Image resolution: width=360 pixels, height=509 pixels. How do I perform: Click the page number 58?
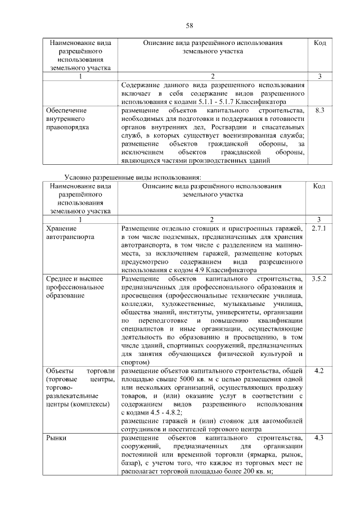[x=190, y=25]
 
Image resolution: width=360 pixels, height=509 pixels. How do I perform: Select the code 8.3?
[x=319, y=111]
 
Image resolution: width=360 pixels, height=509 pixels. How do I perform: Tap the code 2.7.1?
[x=319, y=228]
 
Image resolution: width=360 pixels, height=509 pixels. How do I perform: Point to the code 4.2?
[x=319, y=370]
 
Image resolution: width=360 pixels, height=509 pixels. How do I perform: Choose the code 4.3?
[x=319, y=438]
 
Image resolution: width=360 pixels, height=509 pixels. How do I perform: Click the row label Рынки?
[x=57, y=438]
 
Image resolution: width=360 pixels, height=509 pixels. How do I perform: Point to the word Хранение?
[x=61, y=229]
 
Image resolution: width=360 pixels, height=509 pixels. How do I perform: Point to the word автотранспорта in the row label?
[x=71, y=237]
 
